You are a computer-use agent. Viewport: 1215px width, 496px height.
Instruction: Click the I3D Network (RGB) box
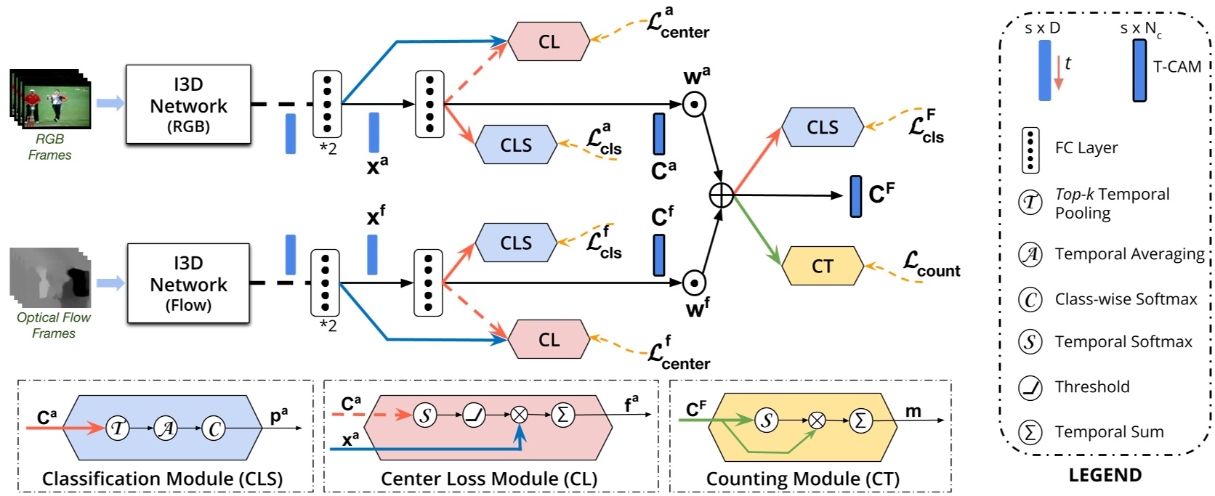click(188, 105)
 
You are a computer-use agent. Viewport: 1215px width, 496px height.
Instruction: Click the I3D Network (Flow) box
click(188, 283)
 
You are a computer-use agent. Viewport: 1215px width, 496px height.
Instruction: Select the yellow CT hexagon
click(822, 267)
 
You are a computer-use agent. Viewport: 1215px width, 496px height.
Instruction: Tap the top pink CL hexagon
click(549, 41)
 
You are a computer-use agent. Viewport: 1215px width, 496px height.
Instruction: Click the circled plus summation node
click(721, 195)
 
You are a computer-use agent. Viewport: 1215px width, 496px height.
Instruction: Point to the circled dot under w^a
click(695, 105)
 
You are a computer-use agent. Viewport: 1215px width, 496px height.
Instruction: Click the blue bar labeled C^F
click(856, 195)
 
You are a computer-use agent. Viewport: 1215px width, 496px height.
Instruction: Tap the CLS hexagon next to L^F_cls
click(822, 127)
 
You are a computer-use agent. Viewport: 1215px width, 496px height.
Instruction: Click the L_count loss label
click(931, 265)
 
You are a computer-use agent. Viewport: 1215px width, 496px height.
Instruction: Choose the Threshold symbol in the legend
click(1030, 387)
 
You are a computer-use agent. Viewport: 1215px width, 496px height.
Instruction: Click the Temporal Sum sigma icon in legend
click(1030, 432)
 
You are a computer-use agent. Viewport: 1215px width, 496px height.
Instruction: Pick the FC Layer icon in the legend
click(1030, 150)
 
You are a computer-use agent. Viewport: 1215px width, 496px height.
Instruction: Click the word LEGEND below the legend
click(1105, 476)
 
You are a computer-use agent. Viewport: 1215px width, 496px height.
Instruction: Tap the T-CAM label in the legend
click(1177, 67)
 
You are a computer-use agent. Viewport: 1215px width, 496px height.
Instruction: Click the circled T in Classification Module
click(117, 428)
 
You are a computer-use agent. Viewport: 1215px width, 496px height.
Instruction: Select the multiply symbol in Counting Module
click(817, 420)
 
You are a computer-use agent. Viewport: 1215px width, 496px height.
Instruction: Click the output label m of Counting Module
click(913, 411)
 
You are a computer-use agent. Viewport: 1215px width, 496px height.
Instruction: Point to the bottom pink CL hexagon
click(549, 340)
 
